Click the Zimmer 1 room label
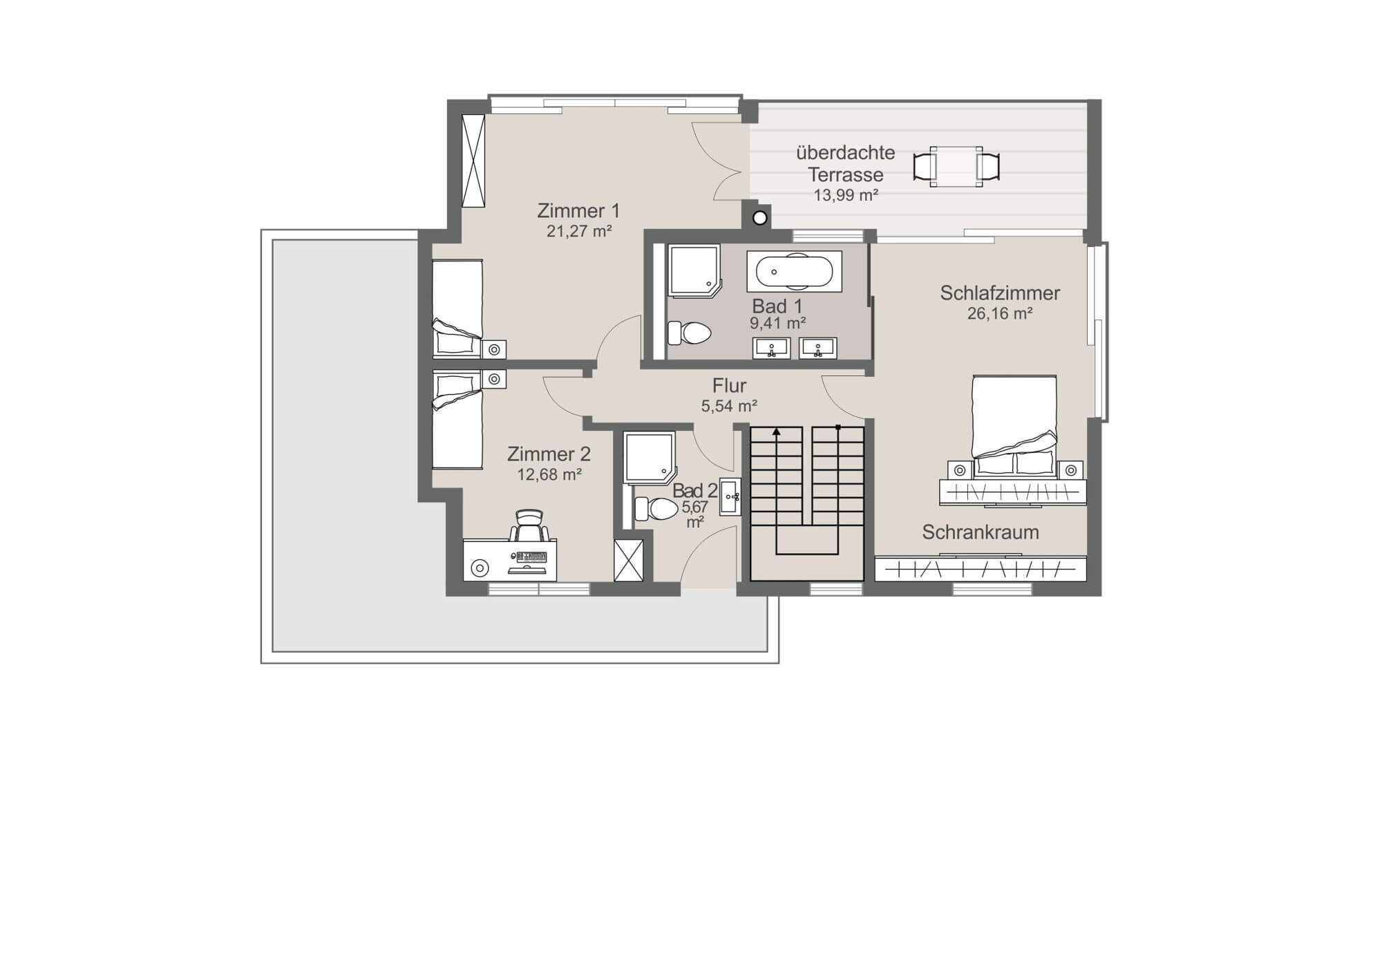(x=578, y=210)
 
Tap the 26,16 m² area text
(x=1000, y=314)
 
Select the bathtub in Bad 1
(x=794, y=272)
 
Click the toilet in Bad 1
(x=690, y=333)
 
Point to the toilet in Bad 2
(x=656, y=509)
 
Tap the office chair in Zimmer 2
(x=529, y=526)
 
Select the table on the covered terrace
(x=956, y=167)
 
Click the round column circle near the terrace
(x=760, y=218)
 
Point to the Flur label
(x=729, y=386)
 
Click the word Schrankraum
(x=981, y=532)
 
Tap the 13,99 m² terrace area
(x=846, y=195)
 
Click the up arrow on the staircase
(x=777, y=431)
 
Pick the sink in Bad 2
(x=730, y=496)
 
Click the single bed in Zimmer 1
(x=457, y=308)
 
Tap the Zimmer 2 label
(x=549, y=454)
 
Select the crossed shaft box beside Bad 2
(x=629, y=560)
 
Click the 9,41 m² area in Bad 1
(x=778, y=323)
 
